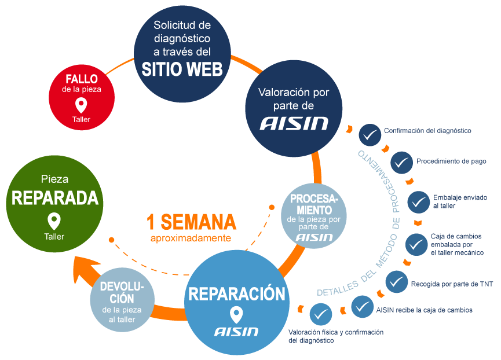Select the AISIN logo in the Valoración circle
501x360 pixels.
pyautogui.click(x=294, y=123)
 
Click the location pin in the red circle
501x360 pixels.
pyautogui.click(x=81, y=105)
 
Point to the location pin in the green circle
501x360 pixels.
pyautogui.click(x=54, y=221)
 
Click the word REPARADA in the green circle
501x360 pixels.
pyautogui.click(x=54, y=199)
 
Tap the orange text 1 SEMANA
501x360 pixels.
pyautogui.click(x=191, y=222)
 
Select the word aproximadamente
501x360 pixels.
pyautogui.click(x=191, y=238)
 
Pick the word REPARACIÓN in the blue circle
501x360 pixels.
pyautogui.click(x=236, y=294)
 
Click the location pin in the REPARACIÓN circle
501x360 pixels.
pyautogui.click(x=236, y=315)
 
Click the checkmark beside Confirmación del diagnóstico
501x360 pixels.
pyautogui.click(x=369, y=134)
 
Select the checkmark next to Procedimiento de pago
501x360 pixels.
pyautogui.click(x=401, y=163)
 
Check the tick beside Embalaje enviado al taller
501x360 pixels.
pyautogui.click(x=418, y=202)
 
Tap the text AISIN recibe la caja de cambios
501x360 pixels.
pyautogui.click(x=424, y=310)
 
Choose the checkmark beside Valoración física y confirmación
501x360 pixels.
pyautogui.click(x=321, y=314)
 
